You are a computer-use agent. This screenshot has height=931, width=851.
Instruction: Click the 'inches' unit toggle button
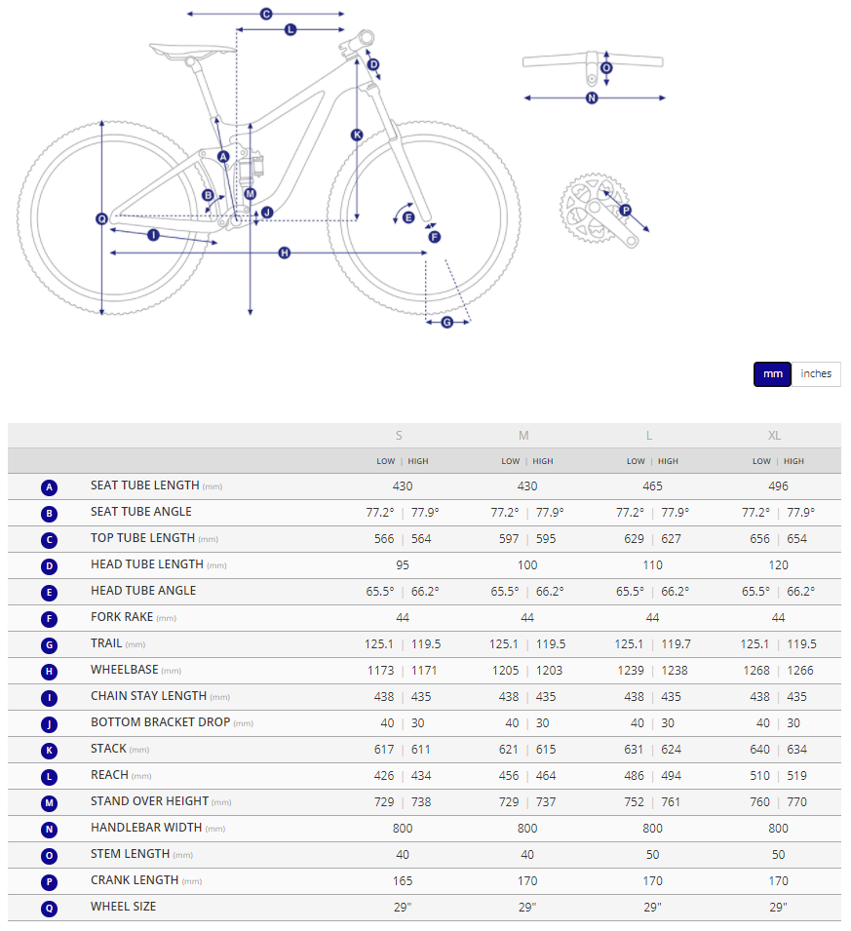tap(816, 374)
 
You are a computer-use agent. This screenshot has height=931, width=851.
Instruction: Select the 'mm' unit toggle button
tap(772, 374)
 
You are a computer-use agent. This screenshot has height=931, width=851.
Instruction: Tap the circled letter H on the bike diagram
tap(285, 252)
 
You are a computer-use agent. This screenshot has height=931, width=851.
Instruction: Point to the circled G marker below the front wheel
tap(447, 322)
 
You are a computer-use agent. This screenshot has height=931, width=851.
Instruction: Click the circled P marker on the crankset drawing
tap(626, 210)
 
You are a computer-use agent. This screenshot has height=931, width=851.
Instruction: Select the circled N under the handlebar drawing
tap(592, 97)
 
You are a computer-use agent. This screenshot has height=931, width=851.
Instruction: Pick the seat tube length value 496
tap(778, 486)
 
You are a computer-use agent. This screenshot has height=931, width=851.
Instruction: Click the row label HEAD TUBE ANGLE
tap(143, 591)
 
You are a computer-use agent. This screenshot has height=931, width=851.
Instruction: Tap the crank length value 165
tap(403, 880)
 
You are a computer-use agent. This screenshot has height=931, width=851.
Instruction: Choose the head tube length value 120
tap(778, 565)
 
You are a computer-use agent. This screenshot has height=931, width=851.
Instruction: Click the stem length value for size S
tap(403, 854)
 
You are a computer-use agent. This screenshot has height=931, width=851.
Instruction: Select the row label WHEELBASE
tap(123, 670)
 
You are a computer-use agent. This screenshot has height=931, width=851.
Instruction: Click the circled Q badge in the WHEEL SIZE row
tap(50, 908)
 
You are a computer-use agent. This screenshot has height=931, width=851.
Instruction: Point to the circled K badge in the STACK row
tap(50, 750)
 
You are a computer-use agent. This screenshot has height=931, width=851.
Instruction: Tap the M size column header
tap(524, 436)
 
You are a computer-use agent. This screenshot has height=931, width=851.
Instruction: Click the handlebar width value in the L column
tap(652, 829)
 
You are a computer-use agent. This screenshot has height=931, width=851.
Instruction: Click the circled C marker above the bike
tap(265, 14)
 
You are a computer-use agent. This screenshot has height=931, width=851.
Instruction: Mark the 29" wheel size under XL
tap(778, 907)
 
